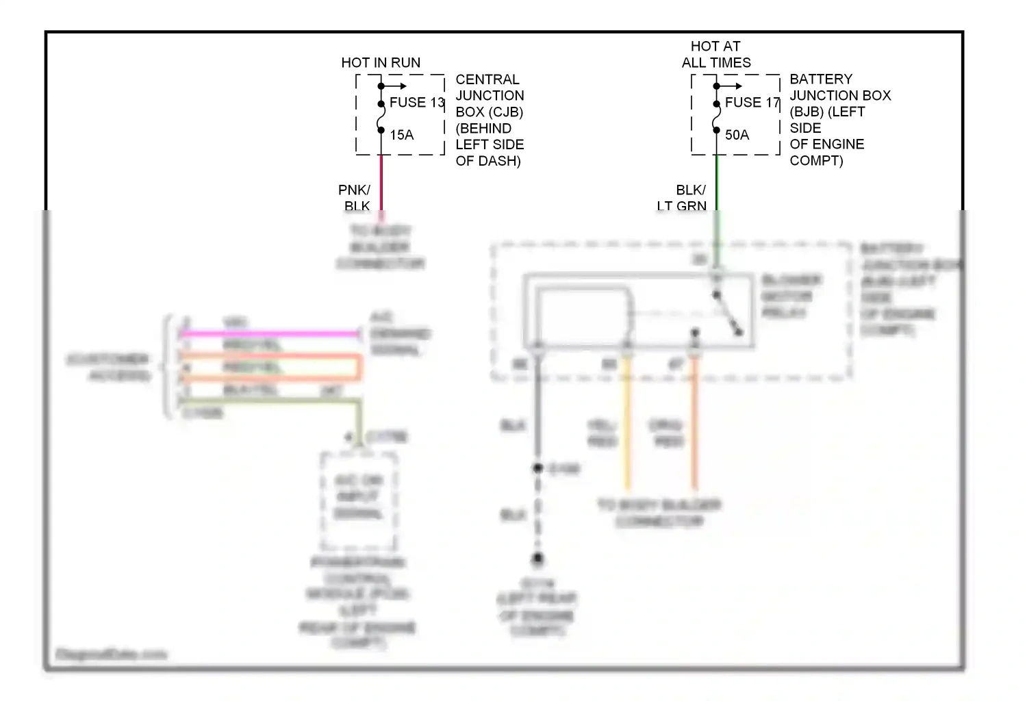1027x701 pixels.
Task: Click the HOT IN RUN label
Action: click(x=381, y=63)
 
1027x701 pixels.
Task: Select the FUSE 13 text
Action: click(x=417, y=103)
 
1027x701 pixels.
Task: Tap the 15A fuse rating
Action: click(x=402, y=135)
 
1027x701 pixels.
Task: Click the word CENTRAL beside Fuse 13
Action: click(x=487, y=79)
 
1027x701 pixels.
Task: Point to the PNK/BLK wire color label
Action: click(x=355, y=198)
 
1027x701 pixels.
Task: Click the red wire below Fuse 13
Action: click(x=381, y=181)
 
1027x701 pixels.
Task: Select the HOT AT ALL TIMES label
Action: click(x=715, y=55)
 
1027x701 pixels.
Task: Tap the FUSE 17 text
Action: click(x=752, y=103)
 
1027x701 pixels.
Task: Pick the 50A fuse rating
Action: click(x=737, y=135)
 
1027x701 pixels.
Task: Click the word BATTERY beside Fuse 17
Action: click(x=821, y=79)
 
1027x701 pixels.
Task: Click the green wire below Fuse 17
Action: click(x=716, y=181)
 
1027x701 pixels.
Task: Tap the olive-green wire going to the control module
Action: click(x=274, y=401)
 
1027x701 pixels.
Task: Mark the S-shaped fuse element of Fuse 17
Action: click(x=716, y=116)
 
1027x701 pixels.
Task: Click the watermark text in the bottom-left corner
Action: click(x=112, y=654)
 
